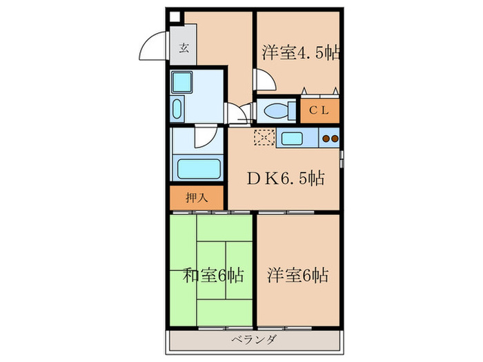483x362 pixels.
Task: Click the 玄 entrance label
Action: (x=184, y=48)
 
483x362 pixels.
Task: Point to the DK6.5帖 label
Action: (x=286, y=179)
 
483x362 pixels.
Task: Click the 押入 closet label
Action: (x=197, y=198)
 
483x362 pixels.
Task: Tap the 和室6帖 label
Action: (x=213, y=276)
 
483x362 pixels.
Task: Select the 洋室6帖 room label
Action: (x=297, y=276)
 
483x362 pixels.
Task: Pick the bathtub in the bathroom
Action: (x=198, y=168)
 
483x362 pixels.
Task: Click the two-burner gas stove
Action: (x=330, y=138)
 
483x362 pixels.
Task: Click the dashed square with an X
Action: (x=264, y=138)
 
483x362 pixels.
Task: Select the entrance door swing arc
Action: (x=154, y=48)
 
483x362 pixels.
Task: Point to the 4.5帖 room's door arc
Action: (x=267, y=81)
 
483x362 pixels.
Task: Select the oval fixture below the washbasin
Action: (x=177, y=109)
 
